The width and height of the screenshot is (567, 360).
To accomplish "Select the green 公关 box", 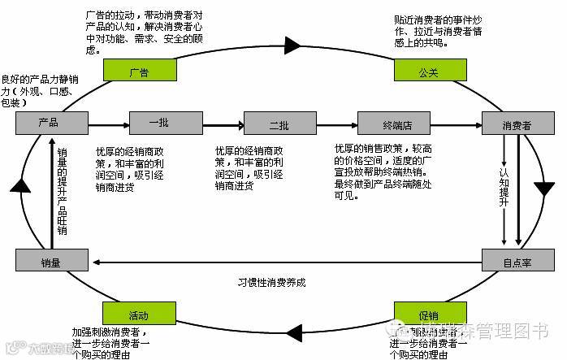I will (428, 70).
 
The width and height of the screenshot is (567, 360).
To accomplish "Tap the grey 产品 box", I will (49, 124).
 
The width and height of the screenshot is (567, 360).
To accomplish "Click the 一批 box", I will (160, 124).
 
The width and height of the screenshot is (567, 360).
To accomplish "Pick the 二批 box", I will (278, 124).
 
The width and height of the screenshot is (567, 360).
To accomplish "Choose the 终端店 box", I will (396, 124).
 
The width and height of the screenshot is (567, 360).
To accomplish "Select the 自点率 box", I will (517, 261).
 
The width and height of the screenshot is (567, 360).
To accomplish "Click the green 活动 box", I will (138, 314).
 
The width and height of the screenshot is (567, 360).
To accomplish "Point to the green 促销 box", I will (428, 314).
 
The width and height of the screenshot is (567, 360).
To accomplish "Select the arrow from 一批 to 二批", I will (223, 124).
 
